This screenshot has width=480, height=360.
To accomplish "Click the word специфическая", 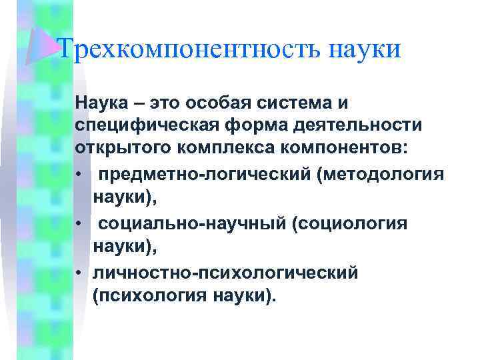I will (143, 126).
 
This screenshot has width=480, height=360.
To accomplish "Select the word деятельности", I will (357, 126).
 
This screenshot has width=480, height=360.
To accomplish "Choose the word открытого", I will (117, 148).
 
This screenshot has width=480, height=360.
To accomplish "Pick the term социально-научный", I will (192, 224).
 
